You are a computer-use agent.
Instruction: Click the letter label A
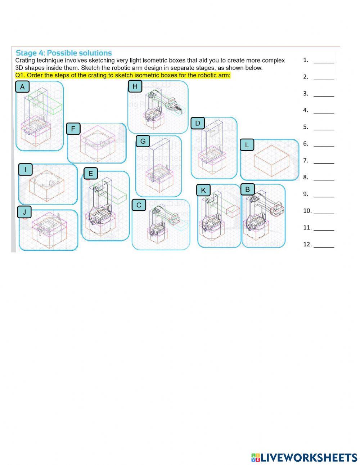pos(22,87)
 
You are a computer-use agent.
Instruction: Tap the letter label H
pos(135,86)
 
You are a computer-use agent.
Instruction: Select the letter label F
pos(73,129)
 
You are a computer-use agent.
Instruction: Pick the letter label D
pos(197,124)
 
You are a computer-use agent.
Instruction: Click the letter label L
pos(247,145)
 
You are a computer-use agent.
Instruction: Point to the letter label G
pos(143,141)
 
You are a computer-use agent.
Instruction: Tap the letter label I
pos(25,169)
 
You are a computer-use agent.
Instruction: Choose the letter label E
pos(90,174)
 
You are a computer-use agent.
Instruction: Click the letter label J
pos(24,212)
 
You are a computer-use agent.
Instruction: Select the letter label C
pos(139,205)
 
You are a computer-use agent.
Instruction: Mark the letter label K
pos(203,190)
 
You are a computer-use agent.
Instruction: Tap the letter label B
pos(247,189)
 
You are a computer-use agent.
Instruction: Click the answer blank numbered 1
pos(324,61)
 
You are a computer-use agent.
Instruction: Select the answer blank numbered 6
pos(324,144)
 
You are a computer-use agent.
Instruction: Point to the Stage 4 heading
pos(64,53)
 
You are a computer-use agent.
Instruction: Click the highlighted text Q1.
pos(122,76)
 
